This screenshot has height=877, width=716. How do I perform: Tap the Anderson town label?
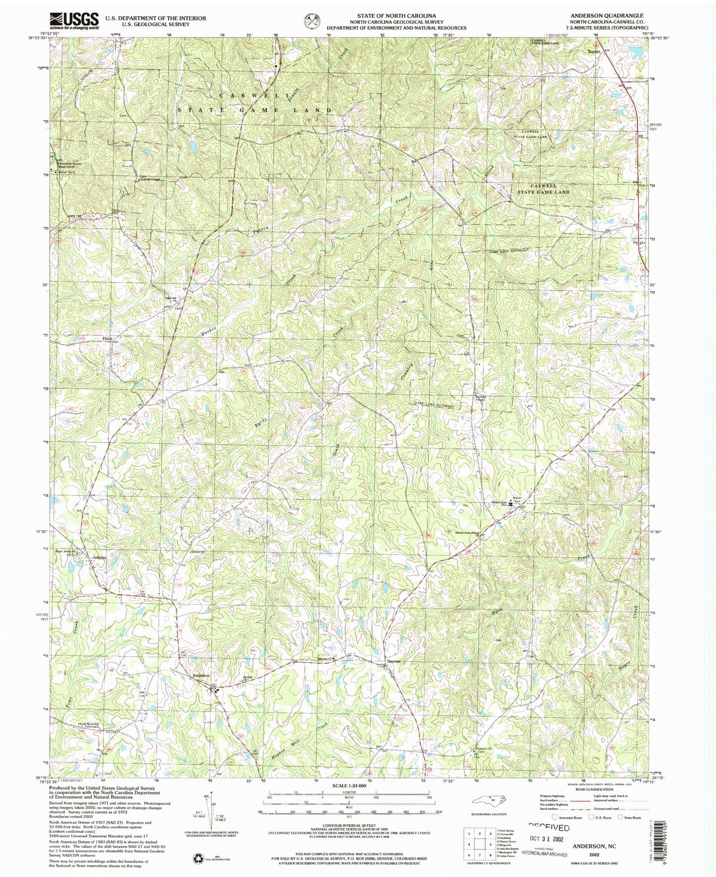(x=201, y=676)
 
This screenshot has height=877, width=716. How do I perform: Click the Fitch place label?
(x=107, y=339)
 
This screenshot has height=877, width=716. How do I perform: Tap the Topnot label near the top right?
(x=594, y=51)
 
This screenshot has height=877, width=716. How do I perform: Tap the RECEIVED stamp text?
(x=549, y=828)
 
